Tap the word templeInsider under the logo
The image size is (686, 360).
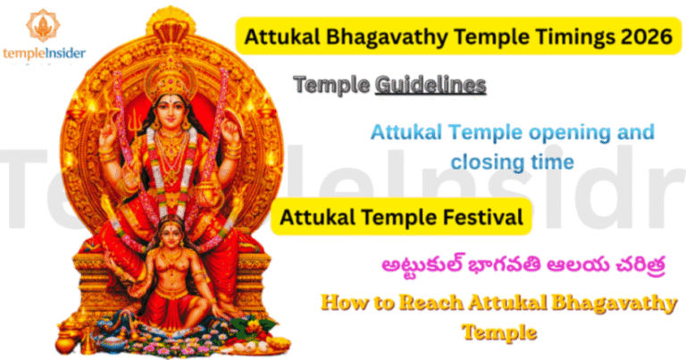pyautogui.click(x=44, y=53)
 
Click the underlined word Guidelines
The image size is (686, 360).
pyautogui.click(x=431, y=85)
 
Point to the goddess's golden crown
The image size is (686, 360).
pyautogui.click(x=171, y=67)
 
